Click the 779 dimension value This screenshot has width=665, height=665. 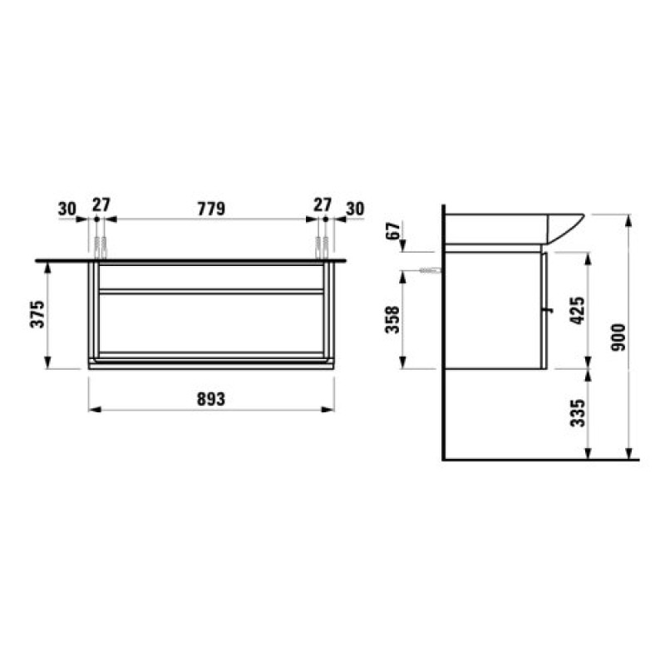coord(212,208)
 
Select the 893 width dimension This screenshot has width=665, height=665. coord(212,399)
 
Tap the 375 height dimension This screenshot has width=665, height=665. coord(36,313)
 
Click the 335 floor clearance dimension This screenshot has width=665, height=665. coord(579,412)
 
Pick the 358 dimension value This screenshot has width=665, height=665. coord(394,318)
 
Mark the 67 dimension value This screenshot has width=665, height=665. coord(394,230)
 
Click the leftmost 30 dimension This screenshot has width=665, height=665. coord(67,208)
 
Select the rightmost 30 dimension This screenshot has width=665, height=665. coord(355,208)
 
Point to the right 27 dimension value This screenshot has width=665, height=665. coord(322,205)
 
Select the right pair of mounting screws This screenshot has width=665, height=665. coord(322,247)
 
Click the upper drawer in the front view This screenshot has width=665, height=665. coord(211,276)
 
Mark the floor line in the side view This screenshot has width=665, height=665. coord(540,459)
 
